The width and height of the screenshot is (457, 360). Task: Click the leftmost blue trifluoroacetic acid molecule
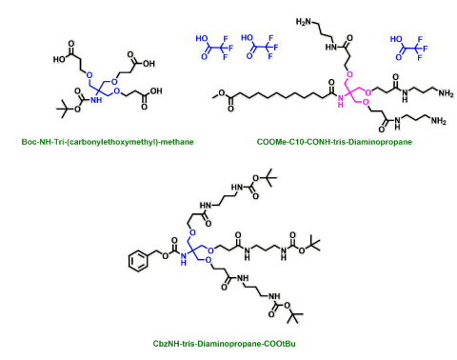tap(213, 46)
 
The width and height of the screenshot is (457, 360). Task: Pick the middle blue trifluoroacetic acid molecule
tap(261, 46)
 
